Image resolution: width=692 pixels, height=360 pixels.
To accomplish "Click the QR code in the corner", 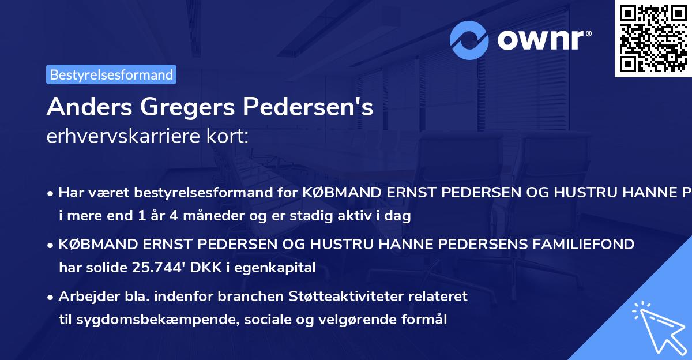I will click(653, 38).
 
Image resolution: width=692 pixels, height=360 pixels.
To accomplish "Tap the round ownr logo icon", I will click(470, 40).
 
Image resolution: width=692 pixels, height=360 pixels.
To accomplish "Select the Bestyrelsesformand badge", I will click(111, 74).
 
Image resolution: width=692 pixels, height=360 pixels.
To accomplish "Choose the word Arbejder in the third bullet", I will click(84, 297).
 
